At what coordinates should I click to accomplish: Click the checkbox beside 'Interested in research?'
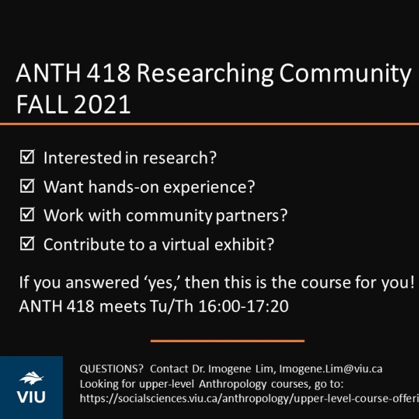[28, 157]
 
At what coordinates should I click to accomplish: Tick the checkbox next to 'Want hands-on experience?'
[28, 186]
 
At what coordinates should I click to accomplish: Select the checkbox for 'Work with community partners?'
[28, 215]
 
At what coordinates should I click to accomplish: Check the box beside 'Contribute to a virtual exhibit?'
[28, 244]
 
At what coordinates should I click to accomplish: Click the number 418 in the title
[96, 74]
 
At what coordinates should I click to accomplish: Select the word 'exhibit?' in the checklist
[247, 244]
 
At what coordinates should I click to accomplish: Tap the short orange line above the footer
[228, 341]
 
